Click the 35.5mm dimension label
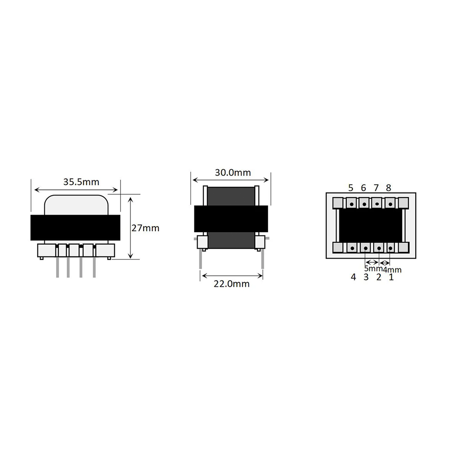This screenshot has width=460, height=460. [x=81, y=182]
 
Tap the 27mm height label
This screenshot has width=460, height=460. [x=145, y=228]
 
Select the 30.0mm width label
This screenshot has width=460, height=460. [x=233, y=172]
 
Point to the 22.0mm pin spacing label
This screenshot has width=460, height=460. [x=232, y=284]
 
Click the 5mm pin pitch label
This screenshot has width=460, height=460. [x=373, y=268]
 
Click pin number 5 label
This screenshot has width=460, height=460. [x=351, y=188]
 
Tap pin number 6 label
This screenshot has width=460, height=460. [x=363, y=188]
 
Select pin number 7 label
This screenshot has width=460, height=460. [x=376, y=188]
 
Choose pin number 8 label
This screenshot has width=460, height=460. [x=388, y=188]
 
